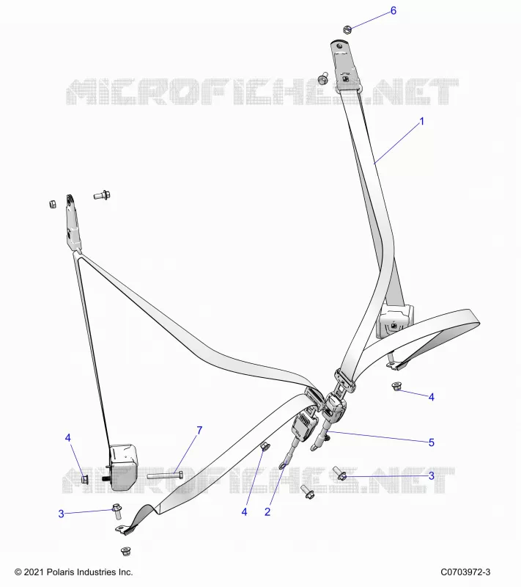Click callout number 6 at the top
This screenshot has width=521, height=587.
point(393,11)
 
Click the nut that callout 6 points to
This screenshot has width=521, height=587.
point(347,29)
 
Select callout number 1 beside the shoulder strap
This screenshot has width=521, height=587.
point(422,122)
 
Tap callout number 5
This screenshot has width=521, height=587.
point(432,442)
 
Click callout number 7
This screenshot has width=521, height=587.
point(199,431)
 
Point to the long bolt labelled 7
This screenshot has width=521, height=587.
point(165,475)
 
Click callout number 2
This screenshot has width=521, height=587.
point(267,511)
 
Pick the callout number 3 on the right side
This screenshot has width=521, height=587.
point(432,475)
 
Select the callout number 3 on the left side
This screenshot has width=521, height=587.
point(62,514)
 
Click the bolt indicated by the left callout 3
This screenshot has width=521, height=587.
point(117,511)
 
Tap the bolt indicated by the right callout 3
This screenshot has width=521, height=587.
point(340,473)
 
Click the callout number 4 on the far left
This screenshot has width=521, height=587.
point(67,437)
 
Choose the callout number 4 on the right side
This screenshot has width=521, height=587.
point(432,397)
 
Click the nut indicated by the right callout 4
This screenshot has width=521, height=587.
point(396,387)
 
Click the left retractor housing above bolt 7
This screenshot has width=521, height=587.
point(122,467)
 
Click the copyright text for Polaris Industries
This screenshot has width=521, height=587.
point(73,572)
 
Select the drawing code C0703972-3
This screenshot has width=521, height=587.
point(465,572)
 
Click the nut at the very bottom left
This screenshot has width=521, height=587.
point(125,551)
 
